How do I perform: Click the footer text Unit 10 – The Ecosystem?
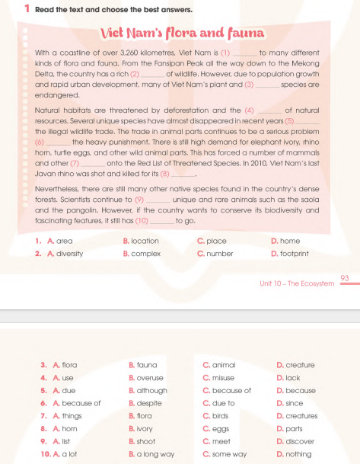coord(297,283)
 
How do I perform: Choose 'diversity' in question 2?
coord(70,253)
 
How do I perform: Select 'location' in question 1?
coord(145,241)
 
